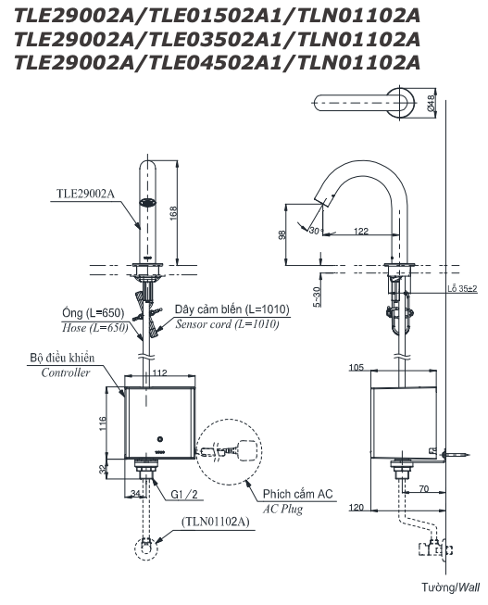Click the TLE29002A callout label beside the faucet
pos(86,195)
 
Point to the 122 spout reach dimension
pos(361,230)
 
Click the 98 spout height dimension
pos(282,235)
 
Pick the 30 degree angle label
pos(315,231)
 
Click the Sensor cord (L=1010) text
pos(226,323)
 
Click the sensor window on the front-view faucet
pos(146,203)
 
